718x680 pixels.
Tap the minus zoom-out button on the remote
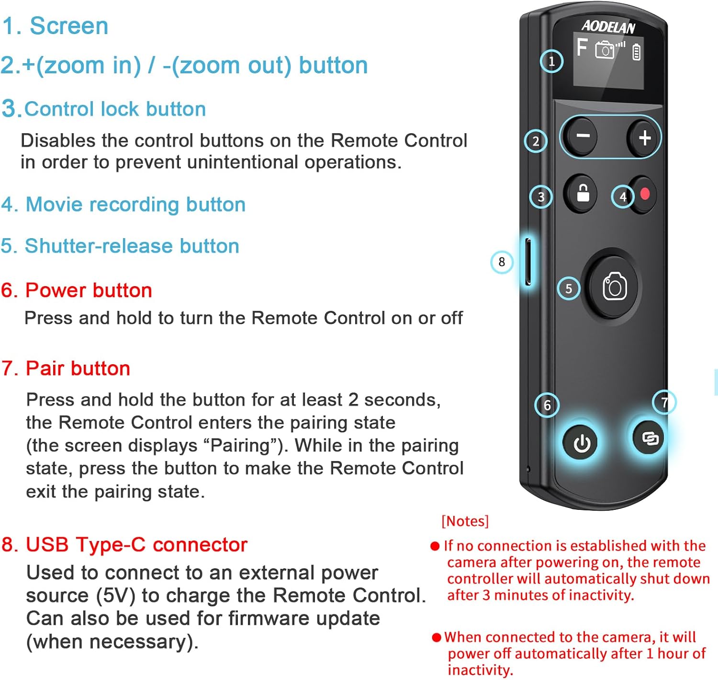[x=582, y=137]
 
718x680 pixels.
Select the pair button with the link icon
[x=650, y=438]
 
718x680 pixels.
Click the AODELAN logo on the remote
[x=608, y=27]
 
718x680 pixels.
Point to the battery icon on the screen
[x=636, y=52]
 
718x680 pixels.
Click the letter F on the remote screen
[x=582, y=47]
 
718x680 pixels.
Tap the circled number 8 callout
[x=502, y=262]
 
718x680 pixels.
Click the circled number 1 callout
[x=551, y=61]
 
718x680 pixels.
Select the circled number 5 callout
[x=569, y=288]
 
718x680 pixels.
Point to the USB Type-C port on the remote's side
[x=528, y=261]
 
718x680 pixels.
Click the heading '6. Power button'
[x=77, y=290]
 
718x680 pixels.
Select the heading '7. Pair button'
[x=66, y=369]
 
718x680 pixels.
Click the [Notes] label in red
[x=465, y=521]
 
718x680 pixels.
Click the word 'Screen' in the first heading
[x=69, y=26]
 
